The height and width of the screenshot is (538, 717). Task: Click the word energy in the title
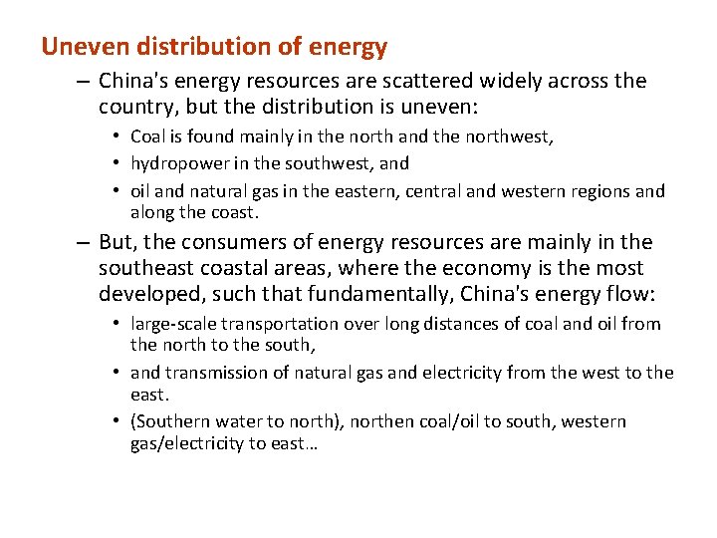(350, 46)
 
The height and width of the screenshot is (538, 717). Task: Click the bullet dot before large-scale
(118, 324)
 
